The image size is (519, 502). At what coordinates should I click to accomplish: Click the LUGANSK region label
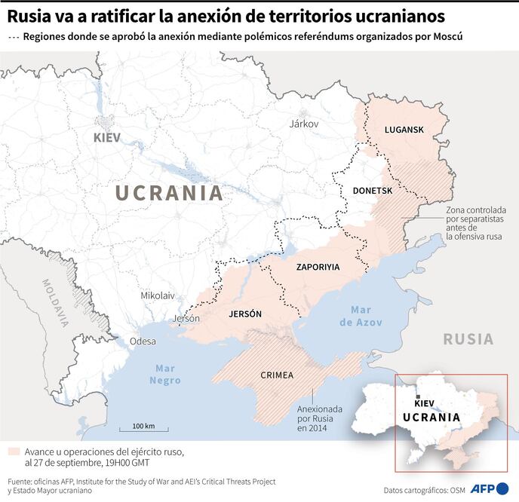click(404, 130)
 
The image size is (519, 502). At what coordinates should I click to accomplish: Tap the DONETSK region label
click(373, 191)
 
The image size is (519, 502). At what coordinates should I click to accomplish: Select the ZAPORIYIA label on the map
click(318, 267)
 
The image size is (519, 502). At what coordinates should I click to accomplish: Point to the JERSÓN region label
click(244, 314)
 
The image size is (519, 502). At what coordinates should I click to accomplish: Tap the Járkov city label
click(305, 124)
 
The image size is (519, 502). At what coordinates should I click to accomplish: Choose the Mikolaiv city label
click(158, 295)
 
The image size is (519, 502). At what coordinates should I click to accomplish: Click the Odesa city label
click(143, 341)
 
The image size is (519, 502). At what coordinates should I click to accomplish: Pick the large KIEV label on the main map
click(107, 137)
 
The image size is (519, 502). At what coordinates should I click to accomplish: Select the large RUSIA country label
click(468, 339)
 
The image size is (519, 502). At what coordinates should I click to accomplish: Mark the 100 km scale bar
click(143, 430)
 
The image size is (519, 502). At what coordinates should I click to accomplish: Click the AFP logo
click(490, 488)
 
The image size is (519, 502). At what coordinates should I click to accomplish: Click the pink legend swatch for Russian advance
click(14, 451)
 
